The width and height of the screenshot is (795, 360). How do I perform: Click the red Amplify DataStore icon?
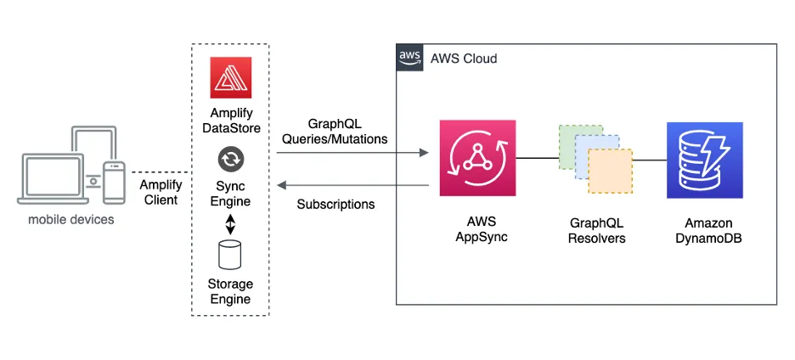click(229, 79)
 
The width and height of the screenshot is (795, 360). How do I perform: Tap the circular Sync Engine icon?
click(229, 159)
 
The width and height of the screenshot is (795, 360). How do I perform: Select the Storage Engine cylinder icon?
click(229, 254)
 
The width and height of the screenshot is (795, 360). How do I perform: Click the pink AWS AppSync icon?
click(477, 158)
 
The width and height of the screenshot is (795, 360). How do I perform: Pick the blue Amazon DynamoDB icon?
click(704, 159)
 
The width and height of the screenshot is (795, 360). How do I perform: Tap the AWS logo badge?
click(409, 58)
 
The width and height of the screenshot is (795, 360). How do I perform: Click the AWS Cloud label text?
click(464, 59)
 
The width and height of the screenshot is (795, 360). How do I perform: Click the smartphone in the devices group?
click(113, 182)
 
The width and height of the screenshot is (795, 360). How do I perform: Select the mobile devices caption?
click(70, 220)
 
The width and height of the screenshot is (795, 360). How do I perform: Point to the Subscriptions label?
click(335, 205)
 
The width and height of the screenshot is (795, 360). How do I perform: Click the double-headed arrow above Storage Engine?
click(229, 224)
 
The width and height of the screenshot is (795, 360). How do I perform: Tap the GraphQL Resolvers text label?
click(597, 230)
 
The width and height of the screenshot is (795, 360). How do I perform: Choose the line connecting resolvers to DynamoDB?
click(650, 159)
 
